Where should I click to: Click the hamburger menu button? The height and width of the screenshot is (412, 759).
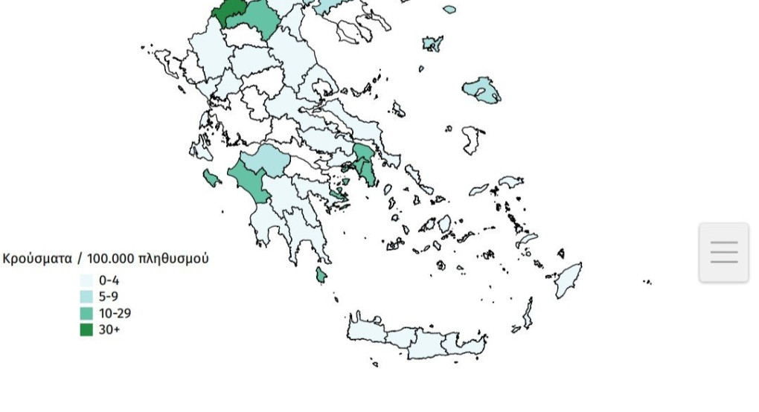(723, 252)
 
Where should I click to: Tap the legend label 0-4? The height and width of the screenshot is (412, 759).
(109, 280)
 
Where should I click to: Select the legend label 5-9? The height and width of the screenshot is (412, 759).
(109, 297)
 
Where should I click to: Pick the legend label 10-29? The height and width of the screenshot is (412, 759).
(115, 313)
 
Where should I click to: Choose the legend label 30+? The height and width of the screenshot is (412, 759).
(109, 329)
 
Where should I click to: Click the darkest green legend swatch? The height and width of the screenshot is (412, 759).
(87, 329)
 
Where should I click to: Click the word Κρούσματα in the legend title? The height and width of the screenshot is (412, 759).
(38, 259)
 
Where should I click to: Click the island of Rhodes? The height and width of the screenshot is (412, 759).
(569, 280)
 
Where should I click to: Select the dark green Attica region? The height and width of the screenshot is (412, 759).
(365, 165)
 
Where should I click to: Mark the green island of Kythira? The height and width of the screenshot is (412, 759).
(321, 275)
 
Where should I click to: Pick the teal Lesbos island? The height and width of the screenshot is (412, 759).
(481, 90)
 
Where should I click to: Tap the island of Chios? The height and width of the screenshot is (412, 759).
(471, 140)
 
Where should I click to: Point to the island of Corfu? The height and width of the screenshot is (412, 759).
(164, 61)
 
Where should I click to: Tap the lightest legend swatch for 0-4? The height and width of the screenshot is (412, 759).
(87, 280)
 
